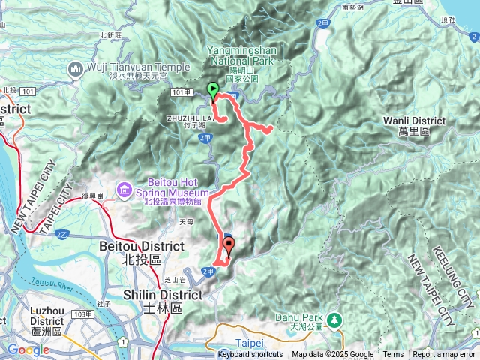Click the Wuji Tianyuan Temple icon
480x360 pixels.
(76, 70)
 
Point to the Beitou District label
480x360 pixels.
(141, 250)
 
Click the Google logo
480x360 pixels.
(28, 349)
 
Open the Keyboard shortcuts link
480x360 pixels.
(250, 354)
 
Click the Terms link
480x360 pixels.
(393, 354)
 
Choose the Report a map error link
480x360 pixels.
(444, 354)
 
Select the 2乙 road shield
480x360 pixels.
(61, 235)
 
